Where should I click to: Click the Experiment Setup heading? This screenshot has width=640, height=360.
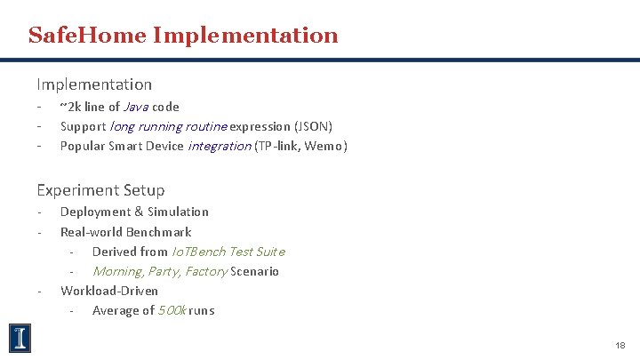click(100, 189)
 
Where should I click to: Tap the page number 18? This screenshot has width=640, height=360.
click(620, 344)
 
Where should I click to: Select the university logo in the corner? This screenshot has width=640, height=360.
click(20, 338)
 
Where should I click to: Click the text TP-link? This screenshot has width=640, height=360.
click(277, 146)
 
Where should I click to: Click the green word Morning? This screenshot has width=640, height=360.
click(117, 271)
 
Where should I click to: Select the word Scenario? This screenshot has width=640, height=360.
click(254, 271)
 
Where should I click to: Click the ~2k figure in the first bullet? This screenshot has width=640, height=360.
click(68, 107)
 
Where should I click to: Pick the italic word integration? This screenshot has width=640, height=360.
click(219, 146)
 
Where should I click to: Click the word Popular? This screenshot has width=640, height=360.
click(83, 146)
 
